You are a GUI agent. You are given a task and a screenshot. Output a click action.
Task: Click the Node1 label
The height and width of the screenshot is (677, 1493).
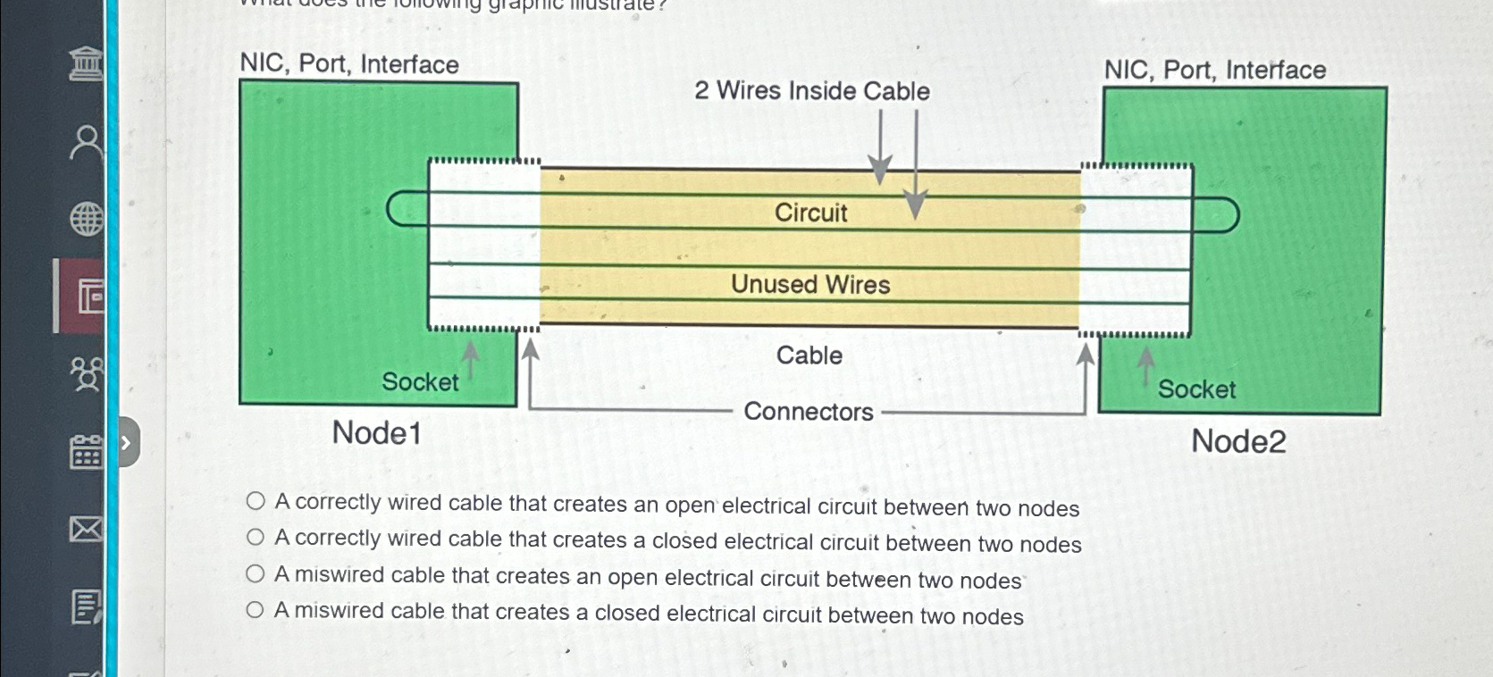tap(376, 433)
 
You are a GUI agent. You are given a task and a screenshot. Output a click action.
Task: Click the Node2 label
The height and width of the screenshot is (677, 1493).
tap(1238, 441)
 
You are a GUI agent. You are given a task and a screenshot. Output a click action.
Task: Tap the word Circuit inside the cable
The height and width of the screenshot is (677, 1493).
tap(810, 213)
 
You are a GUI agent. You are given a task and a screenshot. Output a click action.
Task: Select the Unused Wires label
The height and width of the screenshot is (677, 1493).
tap(810, 284)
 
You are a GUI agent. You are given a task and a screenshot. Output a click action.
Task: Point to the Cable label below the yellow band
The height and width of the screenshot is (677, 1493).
tap(809, 355)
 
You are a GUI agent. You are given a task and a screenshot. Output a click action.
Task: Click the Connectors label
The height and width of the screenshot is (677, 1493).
tap(808, 412)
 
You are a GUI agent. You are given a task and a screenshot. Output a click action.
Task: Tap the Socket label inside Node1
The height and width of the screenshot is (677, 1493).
tap(420, 382)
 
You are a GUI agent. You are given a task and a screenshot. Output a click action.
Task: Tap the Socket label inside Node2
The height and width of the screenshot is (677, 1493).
tap(1196, 389)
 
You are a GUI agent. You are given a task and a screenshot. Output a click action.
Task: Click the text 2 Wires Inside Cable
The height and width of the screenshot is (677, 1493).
tap(811, 91)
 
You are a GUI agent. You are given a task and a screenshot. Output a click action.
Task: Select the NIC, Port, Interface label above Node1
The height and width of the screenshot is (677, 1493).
tap(349, 64)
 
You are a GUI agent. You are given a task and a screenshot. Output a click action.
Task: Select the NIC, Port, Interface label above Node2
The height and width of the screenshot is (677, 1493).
tap(1214, 70)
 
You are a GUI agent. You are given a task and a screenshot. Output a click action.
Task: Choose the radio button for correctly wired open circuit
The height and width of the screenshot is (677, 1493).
tap(256, 501)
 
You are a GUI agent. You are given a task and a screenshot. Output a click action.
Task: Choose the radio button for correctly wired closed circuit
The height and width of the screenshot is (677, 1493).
tap(256, 538)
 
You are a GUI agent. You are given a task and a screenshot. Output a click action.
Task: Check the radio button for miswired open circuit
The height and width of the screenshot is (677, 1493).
tap(256, 574)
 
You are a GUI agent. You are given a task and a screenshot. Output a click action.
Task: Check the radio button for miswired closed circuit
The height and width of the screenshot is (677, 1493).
tap(256, 610)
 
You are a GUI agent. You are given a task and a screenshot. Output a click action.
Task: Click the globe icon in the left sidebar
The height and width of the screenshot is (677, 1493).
tap(87, 219)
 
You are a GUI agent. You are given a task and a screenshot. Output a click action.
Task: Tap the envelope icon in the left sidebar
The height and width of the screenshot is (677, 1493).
tap(86, 530)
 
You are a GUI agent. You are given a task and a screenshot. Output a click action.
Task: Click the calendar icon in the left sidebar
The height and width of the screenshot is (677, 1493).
tap(86, 453)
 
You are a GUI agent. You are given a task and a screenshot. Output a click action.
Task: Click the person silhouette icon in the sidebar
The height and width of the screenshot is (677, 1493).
tap(86, 142)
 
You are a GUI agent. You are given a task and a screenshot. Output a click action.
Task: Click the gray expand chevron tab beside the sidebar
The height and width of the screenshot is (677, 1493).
tap(127, 442)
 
